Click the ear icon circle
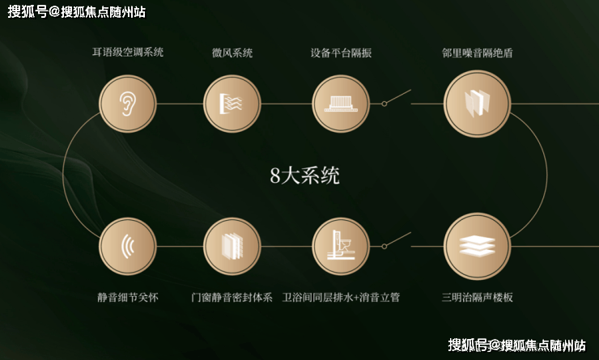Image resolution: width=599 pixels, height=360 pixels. tap(128, 104)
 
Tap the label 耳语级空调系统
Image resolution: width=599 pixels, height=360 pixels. tap(128, 52)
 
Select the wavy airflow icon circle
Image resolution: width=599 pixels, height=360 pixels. tap(232, 104)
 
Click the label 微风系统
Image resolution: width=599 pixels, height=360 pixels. tap(232, 53)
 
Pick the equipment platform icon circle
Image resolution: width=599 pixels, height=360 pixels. tap(341, 104)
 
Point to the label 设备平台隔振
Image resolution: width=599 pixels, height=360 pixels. tap(341, 53)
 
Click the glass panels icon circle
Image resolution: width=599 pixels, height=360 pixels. tap(477, 104)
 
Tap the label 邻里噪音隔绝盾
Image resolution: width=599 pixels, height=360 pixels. tap(477, 53)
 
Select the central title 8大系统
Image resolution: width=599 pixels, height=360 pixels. tap(305, 176)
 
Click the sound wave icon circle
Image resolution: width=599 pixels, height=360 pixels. tap(128, 246)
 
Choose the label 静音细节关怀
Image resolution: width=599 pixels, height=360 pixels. tap(128, 297)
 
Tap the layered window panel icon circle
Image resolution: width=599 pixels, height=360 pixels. tap(232, 246)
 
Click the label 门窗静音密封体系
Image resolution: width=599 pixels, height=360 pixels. tap(232, 297)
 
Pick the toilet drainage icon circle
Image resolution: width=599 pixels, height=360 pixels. tap(341, 246)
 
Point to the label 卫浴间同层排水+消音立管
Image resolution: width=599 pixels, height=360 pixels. tap(341, 297)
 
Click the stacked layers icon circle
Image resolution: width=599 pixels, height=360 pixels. tap(477, 246)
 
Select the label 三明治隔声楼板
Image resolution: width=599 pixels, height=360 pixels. tap(477, 297)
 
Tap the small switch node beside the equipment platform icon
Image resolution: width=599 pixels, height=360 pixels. tap(384, 104)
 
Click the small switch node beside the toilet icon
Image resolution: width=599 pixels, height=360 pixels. tap(384, 246)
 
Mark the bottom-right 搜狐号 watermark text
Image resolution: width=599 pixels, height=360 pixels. tap(517, 345)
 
